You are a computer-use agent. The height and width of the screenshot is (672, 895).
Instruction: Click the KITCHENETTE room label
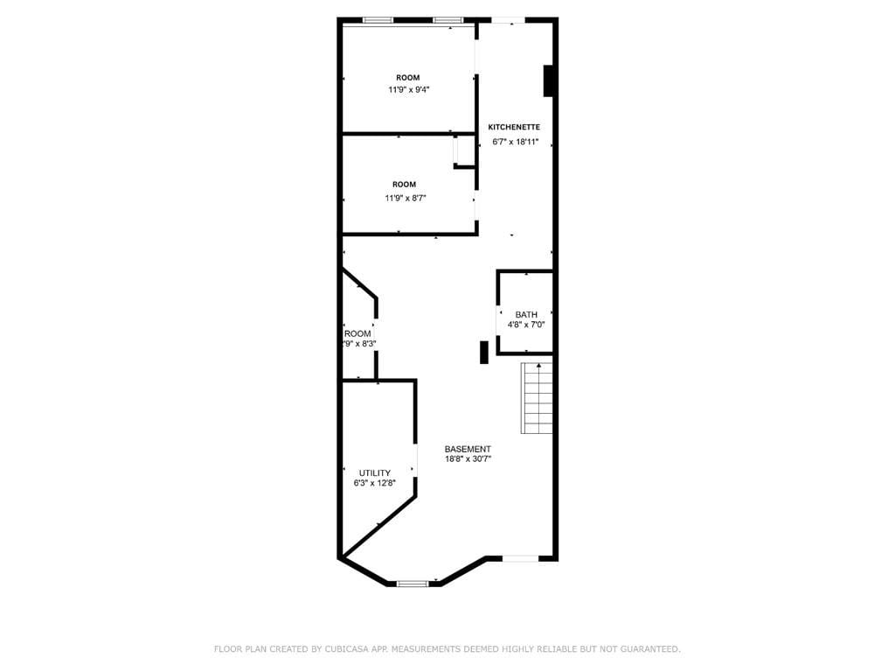click(x=514, y=127)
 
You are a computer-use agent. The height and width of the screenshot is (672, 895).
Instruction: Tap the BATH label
click(x=526, y=315)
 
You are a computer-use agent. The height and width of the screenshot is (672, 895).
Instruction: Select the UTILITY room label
click(x=374, y=472)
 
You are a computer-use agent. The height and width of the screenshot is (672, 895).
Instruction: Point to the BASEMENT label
click(x=468, y=449)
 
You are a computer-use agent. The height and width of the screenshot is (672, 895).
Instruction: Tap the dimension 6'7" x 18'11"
click(x=516, y=142)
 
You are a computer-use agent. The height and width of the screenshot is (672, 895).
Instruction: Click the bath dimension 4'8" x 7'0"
click(x=526, y=325)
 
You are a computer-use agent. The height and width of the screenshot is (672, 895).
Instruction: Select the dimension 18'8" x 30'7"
click(x=468, y=458)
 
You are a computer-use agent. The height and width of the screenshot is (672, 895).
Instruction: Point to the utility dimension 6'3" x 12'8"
click(x=374, y=482)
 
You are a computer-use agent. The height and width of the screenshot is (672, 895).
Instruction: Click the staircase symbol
click(x=538, y=398)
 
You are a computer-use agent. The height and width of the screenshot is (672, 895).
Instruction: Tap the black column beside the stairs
click(x=483, y=352)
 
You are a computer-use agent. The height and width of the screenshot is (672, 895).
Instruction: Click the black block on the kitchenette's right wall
click(x=549, y=80)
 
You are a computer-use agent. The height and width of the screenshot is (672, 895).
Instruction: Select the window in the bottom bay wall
click(x=413, y=583)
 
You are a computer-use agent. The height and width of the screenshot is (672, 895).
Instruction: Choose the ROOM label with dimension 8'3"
click(x=357, y=333)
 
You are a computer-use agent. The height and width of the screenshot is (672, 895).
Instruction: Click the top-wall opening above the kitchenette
click(x=508, y=19)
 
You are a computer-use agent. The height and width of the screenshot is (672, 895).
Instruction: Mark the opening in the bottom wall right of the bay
click(x=520, y=558)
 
